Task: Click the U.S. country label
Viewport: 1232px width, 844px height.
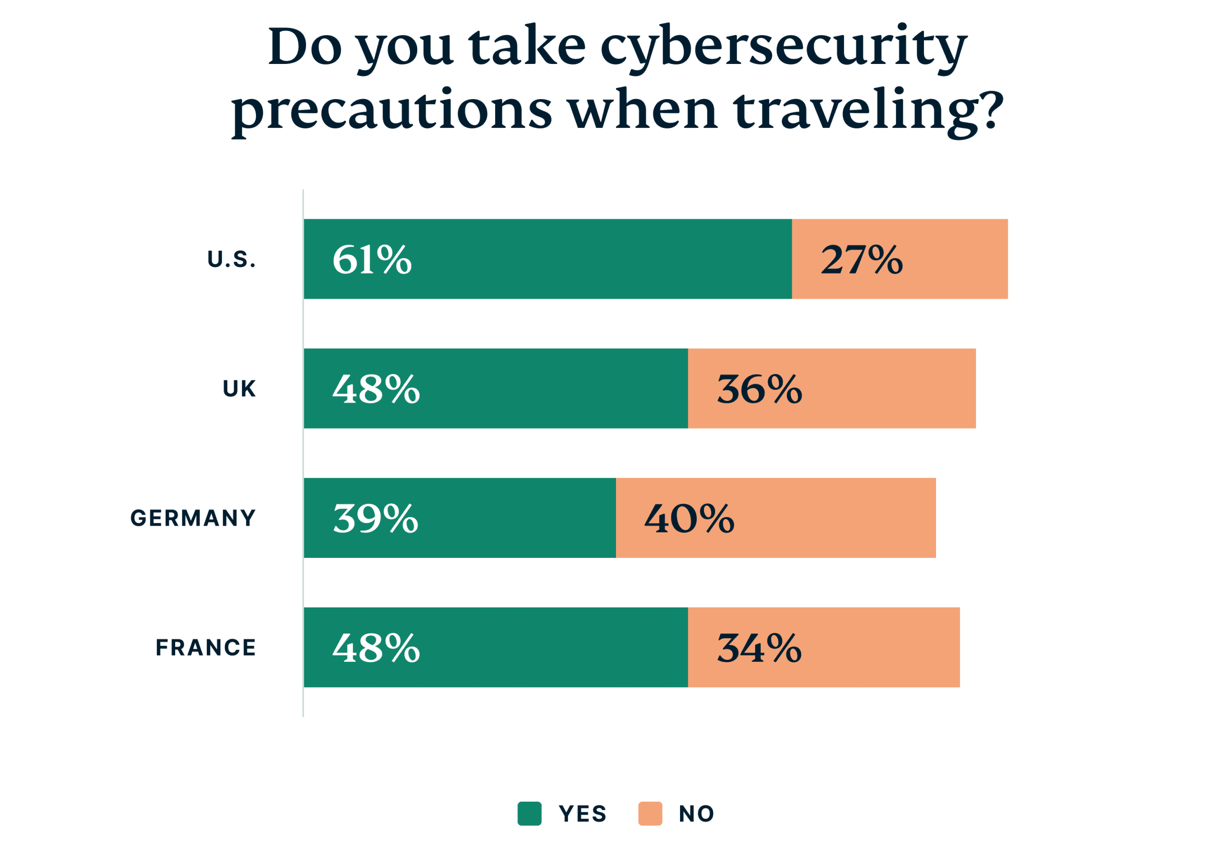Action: click(231, 260)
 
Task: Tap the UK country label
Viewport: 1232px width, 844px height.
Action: click(239, 389)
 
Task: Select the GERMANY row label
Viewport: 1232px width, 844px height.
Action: click(193, 518)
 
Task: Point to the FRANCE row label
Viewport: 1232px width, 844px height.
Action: click(205, 647)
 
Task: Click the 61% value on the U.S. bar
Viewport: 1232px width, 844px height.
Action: click(372, 260)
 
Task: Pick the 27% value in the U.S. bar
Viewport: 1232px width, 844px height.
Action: click(861, 260)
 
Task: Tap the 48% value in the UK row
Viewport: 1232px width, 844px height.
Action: click(376, 389)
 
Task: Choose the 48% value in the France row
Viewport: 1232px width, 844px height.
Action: click(376, 647)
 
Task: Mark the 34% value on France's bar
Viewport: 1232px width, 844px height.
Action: click(758, 647)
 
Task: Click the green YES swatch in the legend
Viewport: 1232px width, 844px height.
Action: click(529, 813)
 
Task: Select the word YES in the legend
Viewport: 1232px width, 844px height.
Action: click(582, 814)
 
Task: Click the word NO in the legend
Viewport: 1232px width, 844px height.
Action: click(696, 814)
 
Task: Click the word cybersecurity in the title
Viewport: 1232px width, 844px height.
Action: click(783, 49)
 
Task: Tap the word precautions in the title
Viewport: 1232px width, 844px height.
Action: click(392, 111)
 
